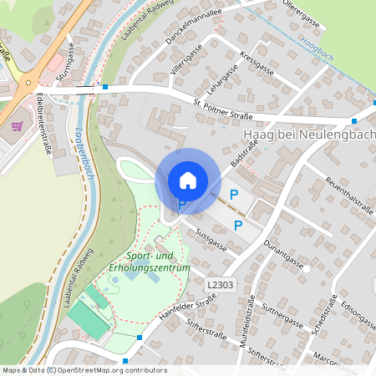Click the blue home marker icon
(x=188, y=180)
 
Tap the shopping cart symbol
(x=18, y=126)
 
